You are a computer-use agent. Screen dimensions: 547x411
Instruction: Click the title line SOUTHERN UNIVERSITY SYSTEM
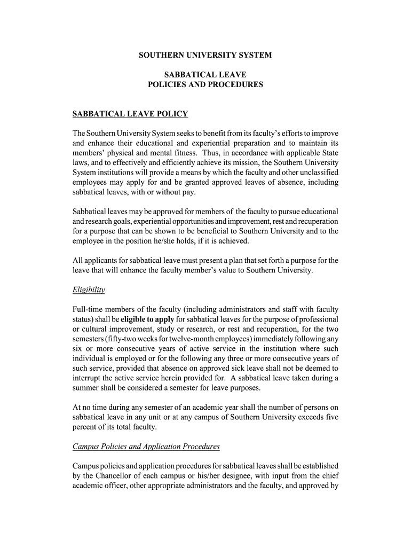click(205, 55)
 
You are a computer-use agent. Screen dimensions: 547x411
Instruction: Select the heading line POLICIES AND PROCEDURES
click(205, 85)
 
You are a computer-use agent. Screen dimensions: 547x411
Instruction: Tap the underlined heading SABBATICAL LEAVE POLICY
click(130, 114)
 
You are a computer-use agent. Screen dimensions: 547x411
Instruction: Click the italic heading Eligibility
click(89, 290)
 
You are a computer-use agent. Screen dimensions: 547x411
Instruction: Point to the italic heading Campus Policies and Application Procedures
click(146, 447)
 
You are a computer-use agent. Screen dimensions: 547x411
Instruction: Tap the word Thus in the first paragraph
click(234, 153)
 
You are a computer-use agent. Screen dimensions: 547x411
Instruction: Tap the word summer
click(86, 387)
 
